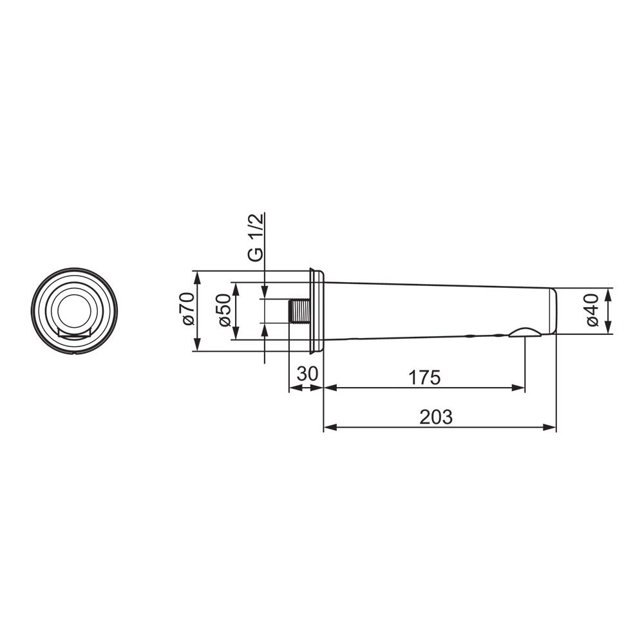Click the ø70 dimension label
point(189,309)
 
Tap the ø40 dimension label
point(592,310)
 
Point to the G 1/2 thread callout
point(256,238)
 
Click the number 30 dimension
point(307,374)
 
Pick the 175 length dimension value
point(424,377)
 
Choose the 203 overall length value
point(436,417)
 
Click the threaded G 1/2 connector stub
point(299,311)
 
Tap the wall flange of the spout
point(316,311)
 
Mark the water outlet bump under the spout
point(525,332)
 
